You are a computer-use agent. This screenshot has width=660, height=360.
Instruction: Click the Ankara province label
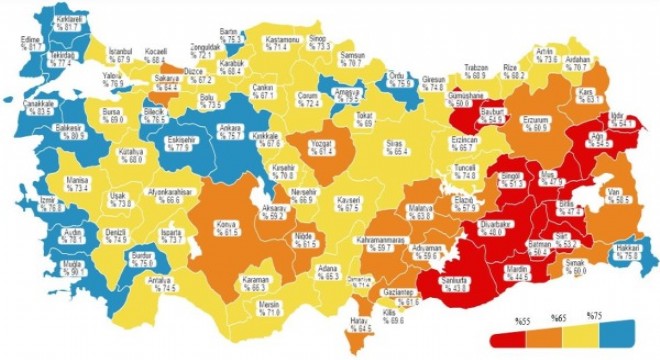point(229,131)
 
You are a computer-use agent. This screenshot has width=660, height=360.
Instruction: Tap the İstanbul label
point(120,51)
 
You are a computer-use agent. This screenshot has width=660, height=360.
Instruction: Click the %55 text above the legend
point(520,319)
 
